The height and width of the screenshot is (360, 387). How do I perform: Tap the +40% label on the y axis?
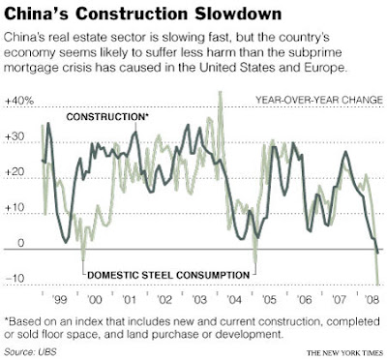click(19, 101)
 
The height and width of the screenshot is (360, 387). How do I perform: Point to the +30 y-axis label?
click(15, 136)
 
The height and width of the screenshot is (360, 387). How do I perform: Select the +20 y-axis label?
click(15, 171)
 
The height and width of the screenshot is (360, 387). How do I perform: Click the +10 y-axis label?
click(15, 207)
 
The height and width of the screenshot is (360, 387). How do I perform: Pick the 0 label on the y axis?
click(20, 243)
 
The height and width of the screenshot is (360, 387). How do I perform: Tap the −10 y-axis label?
click(15, 278)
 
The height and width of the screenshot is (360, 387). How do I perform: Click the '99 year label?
click(59, 300)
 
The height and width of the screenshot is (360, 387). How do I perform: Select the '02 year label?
click(164, 300)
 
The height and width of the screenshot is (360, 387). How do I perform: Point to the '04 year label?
click(233, 300)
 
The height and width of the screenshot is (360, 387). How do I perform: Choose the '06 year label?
click(304, 300)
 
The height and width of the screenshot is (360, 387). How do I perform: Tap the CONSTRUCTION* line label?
click(107, 117)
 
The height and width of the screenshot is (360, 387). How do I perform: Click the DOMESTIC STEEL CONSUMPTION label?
click(168, 275)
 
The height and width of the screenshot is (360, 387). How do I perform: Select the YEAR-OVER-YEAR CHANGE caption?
click(319, 100)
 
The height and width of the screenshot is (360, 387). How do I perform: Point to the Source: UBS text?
click(28, 351)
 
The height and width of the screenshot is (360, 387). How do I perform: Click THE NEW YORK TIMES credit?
click(345, 352)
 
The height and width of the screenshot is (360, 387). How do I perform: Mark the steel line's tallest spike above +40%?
click(221, 93)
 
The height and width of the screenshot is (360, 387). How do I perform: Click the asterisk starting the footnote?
click(7, 320)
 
